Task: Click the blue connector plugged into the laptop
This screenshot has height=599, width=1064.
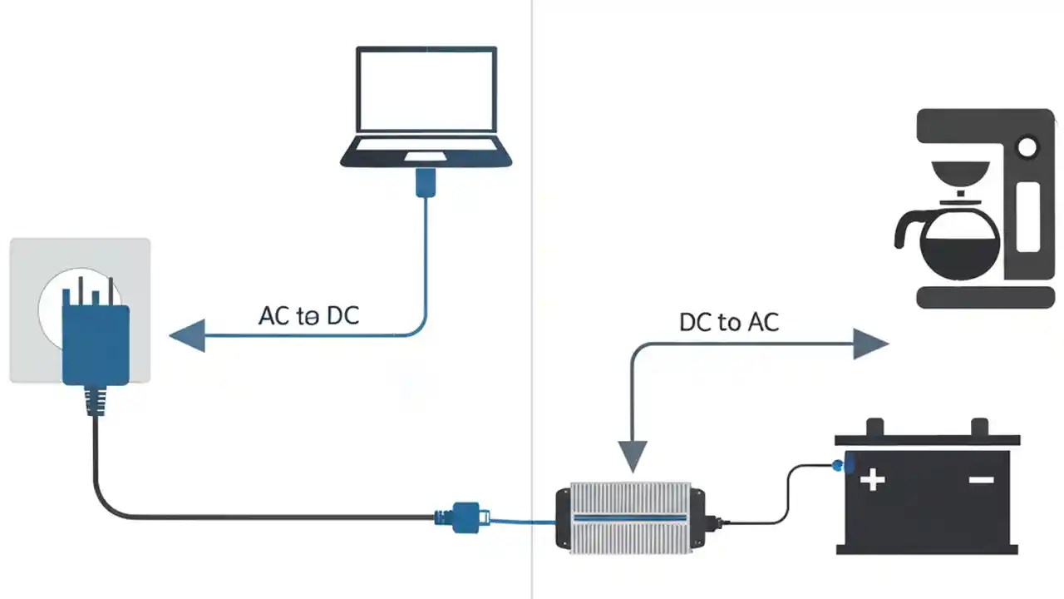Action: pyautogui.click(x=426, y=182)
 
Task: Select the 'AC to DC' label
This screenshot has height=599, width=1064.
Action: pyautogui.click(x=309, y=316)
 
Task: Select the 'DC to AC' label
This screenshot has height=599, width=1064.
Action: pyautogui.click(x=729, y=323)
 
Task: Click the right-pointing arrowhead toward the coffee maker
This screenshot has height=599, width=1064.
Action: pyautogui.click(x=870, y=343)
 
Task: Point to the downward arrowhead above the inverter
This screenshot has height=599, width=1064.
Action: pyautogui.click(x=632, y=456)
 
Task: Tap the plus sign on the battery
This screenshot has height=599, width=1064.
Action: pyautogui.click(x=872, y=480)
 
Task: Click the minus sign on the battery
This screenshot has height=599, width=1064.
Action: pyautogui.click(x=982, y=480)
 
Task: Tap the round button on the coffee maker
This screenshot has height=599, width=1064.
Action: pyautogui.click(x=1027, y=149)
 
